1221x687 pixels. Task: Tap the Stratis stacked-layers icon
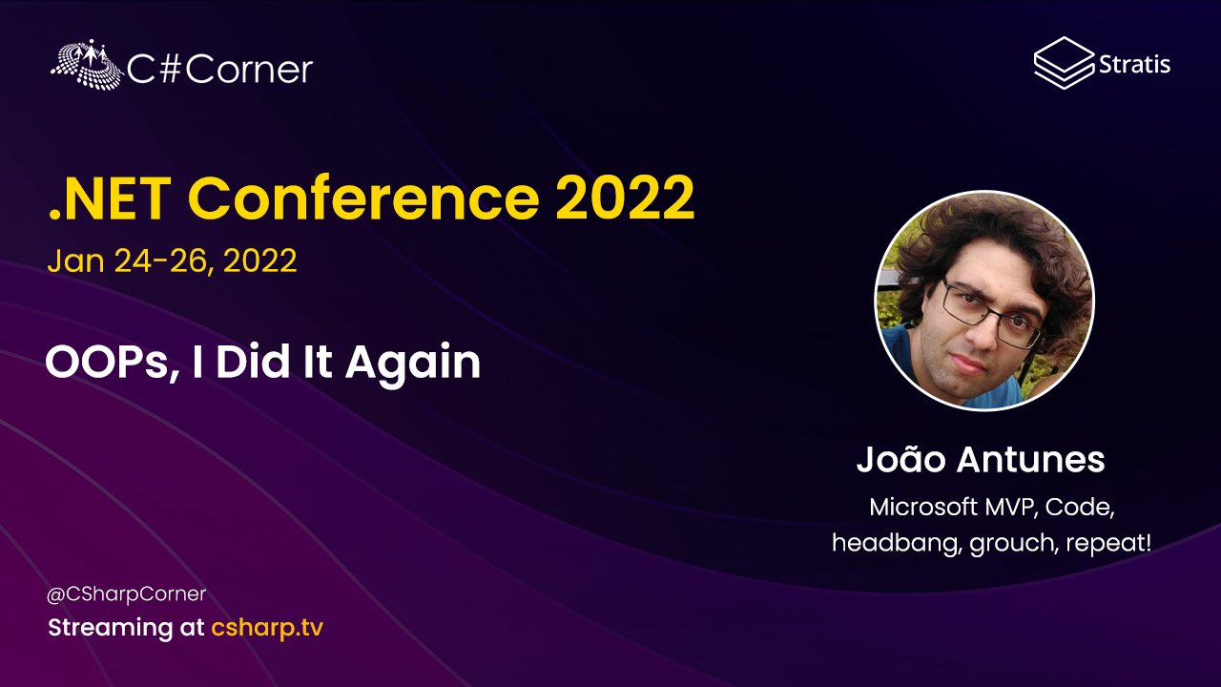coord(1062,63)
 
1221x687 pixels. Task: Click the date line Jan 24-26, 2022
coord(172,260)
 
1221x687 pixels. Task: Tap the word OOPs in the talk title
coord(106,363)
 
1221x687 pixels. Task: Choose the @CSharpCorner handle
coord(127,594)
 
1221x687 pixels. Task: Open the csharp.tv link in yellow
coord(268,629)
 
